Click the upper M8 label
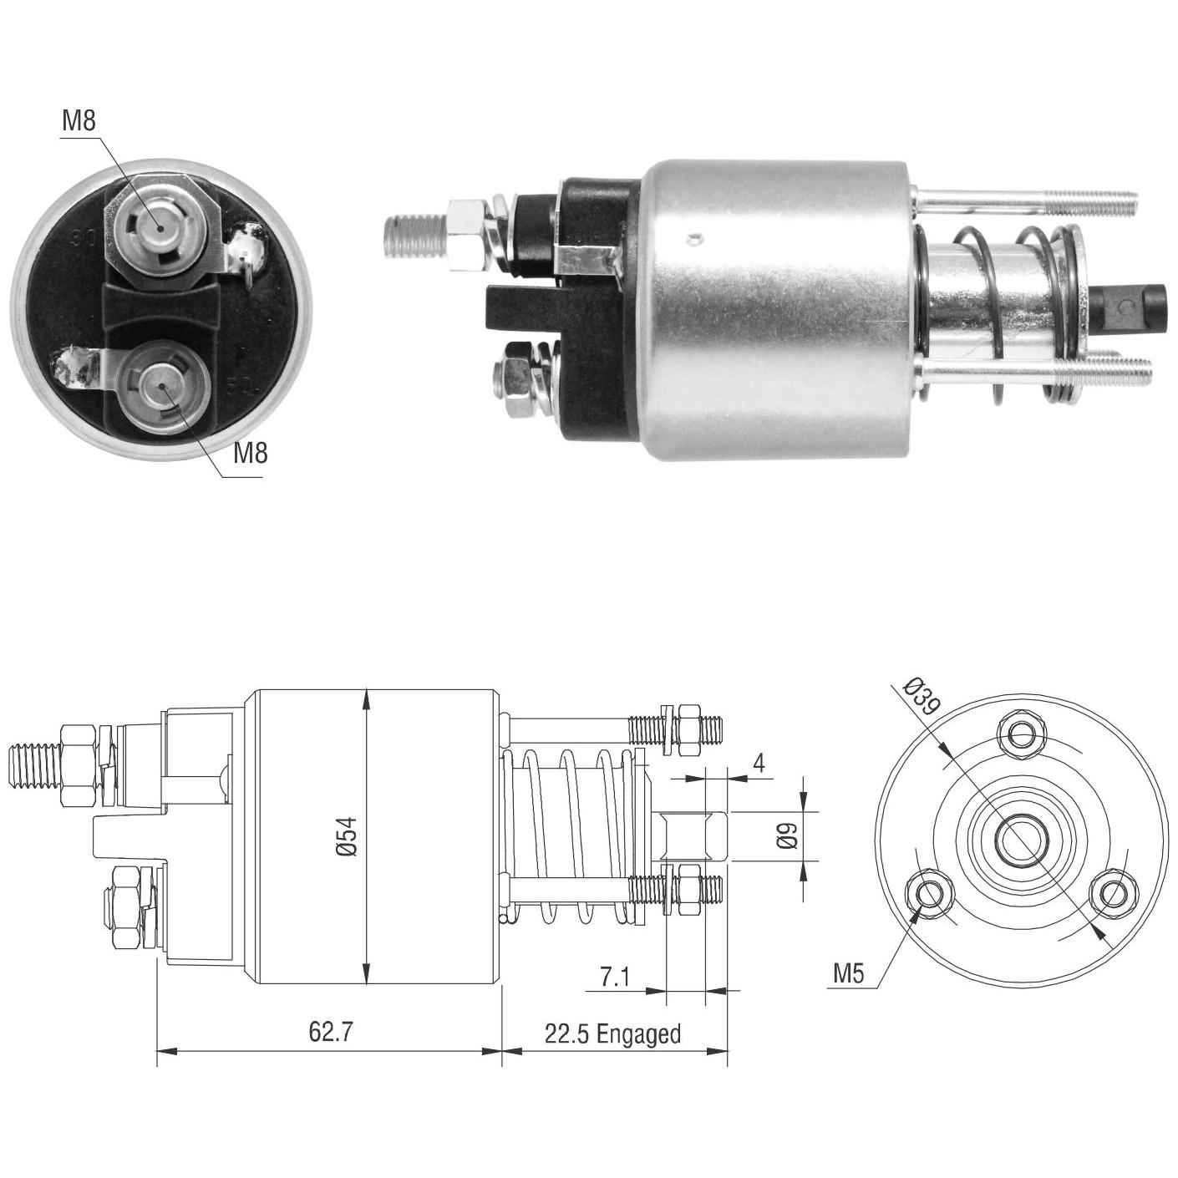click(79, 121)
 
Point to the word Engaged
click(638, 1034)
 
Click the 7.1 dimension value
click(614, 977)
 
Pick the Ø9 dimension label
click(788, 835)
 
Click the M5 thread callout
click(849, 974)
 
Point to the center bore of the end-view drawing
click(1022, 839)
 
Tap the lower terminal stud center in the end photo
click(163, 386)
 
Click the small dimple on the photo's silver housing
click(692, 240)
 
